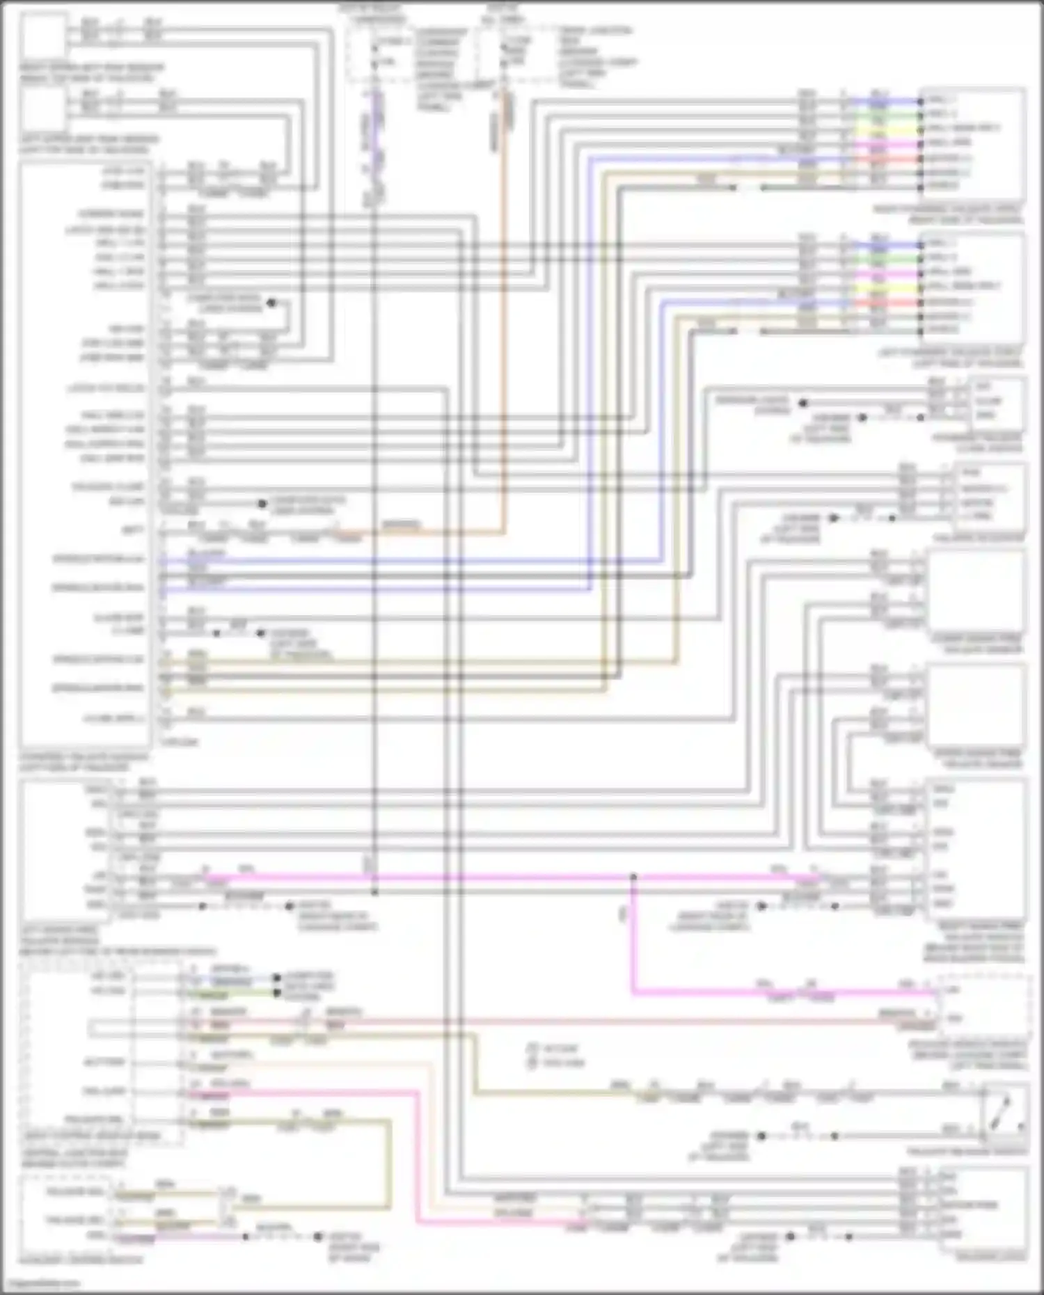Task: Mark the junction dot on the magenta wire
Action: click(x=633, y=877)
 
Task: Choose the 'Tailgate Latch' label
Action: click(x=989, y=1255)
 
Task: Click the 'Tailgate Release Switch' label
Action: click(x=967, y=1152)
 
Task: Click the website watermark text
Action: click(x=42, y=1283)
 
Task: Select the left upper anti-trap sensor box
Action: click(x=43, y=109)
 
